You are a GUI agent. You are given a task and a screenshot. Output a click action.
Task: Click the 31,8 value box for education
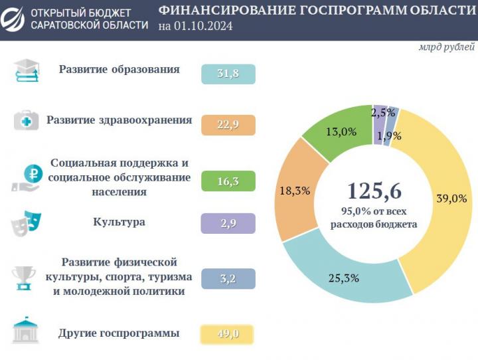click(228, 74)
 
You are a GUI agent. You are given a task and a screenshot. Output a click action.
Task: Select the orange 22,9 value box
click(228, 124)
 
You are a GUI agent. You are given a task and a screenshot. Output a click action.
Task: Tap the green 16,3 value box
click(228, 181)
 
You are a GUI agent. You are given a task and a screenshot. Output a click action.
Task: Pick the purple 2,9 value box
click(228, 223)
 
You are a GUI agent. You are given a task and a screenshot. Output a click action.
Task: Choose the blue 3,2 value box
click(228, 278)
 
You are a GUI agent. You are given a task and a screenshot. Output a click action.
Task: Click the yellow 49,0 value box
click(228, 334)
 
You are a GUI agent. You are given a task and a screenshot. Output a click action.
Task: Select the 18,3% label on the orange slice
click(295, 191)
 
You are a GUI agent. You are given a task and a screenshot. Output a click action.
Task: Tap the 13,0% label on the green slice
click(341, 132)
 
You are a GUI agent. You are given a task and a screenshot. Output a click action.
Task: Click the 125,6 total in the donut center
click(374, 191)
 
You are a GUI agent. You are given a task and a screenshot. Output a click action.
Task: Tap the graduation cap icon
click(27, 71)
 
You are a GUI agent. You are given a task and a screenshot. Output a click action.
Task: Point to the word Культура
click(119, 222)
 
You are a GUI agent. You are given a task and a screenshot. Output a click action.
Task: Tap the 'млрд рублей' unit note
click(446, 48)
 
